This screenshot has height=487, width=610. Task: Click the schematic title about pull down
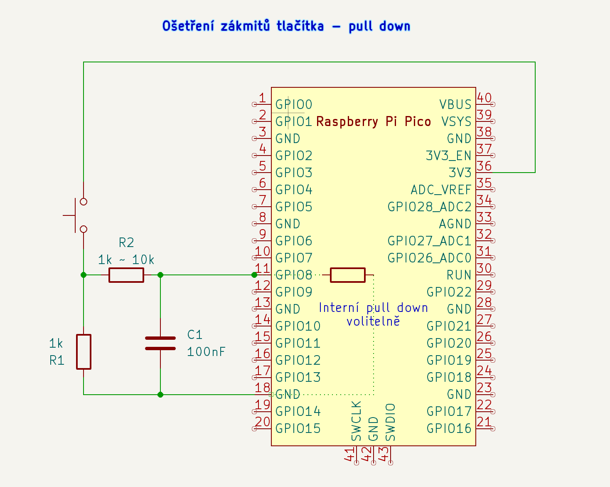click(x=286, y=26)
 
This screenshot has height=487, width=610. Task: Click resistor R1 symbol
click(x=84, y=351)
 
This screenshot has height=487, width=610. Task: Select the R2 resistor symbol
click(x=126, y=275)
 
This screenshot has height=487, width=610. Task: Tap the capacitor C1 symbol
click(x=160, y=343)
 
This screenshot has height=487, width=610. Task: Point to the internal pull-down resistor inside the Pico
click(x=348, y=275)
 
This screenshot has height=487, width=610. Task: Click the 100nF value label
click(x=206, y=352)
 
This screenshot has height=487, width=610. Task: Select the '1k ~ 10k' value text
click(x=126, y=260)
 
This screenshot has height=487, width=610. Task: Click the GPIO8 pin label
click(x=293, y=275)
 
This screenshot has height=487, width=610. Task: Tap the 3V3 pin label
click(x=460, y=173)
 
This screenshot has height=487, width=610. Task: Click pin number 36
click(x=484, y=166)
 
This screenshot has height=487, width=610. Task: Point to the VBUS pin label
click(x=455, y=104)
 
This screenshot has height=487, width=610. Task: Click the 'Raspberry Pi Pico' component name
click(x=373, y=121)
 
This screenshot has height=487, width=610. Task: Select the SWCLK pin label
click(x=357, y=421)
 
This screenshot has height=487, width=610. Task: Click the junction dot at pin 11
click(x=254, y=275)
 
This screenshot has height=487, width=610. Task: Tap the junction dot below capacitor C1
click(x=160, y=394)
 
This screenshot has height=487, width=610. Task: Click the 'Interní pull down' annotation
click(x=373, y=308)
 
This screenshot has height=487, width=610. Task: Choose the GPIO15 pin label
click(x=298, y=428)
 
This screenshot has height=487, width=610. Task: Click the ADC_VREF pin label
click(x=441, y=190)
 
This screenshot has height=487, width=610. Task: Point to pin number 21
click(x=484, y=422)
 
